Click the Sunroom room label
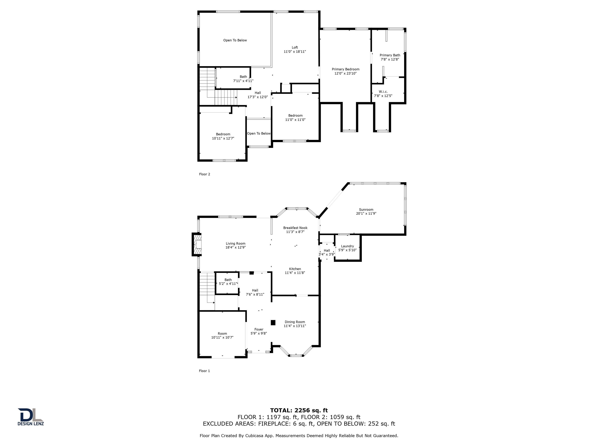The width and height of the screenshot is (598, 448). pos(366,210)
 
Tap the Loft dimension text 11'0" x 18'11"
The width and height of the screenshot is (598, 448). pos(295,52)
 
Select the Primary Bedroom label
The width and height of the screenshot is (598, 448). pos(346,69)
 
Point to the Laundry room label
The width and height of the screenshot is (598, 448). pos(347,246)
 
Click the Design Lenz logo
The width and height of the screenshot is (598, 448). pos(31,417)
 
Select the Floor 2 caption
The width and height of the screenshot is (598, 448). pos(204,174)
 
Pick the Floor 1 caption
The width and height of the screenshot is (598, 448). pos(204,371)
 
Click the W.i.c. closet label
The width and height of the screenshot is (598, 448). pos(383,92)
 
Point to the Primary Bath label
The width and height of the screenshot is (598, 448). pos(390,55)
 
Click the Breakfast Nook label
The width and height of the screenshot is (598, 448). pos(295,228)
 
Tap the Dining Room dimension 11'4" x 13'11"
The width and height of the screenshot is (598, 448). pos(295,326)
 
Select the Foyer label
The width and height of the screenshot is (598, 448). pos(259,329)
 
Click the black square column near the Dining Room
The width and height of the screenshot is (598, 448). pos(273,322)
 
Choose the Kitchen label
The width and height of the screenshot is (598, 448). pos(295,269)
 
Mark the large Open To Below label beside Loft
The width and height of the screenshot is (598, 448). pos(235,40)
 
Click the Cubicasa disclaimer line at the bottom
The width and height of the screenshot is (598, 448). pos(299,436)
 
